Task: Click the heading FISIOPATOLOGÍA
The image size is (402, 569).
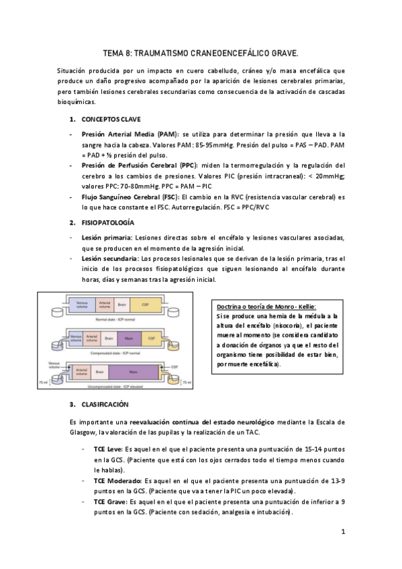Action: [108, 222]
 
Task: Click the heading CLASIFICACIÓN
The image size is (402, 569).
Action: [105, 405]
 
